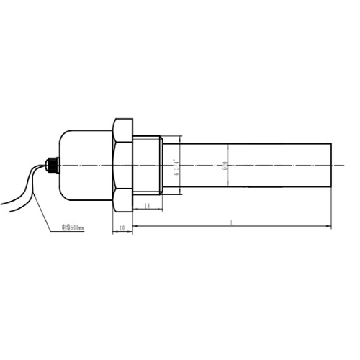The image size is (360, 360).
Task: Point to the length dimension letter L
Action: (231, 225)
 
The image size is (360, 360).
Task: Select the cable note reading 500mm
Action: (71, 228)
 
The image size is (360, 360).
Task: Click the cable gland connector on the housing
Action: (50, 165)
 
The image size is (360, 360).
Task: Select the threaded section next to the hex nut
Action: (148, 165)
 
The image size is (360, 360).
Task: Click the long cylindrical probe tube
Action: (281, 165)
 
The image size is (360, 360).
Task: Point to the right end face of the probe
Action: (330, 165)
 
